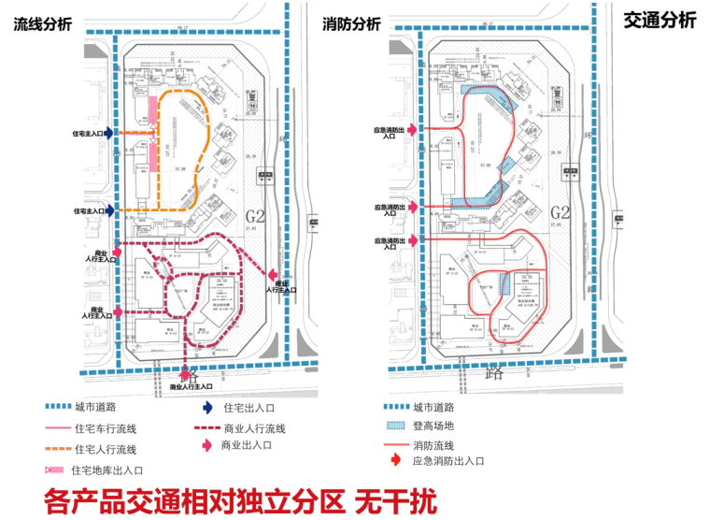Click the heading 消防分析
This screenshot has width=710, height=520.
351,23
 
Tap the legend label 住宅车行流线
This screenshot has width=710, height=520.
112,429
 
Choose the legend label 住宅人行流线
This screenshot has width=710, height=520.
112,450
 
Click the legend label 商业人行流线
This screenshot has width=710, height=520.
255,429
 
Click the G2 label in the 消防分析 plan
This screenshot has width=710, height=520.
561,211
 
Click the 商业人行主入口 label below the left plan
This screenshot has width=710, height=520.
191,385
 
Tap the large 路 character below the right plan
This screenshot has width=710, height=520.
494,371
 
